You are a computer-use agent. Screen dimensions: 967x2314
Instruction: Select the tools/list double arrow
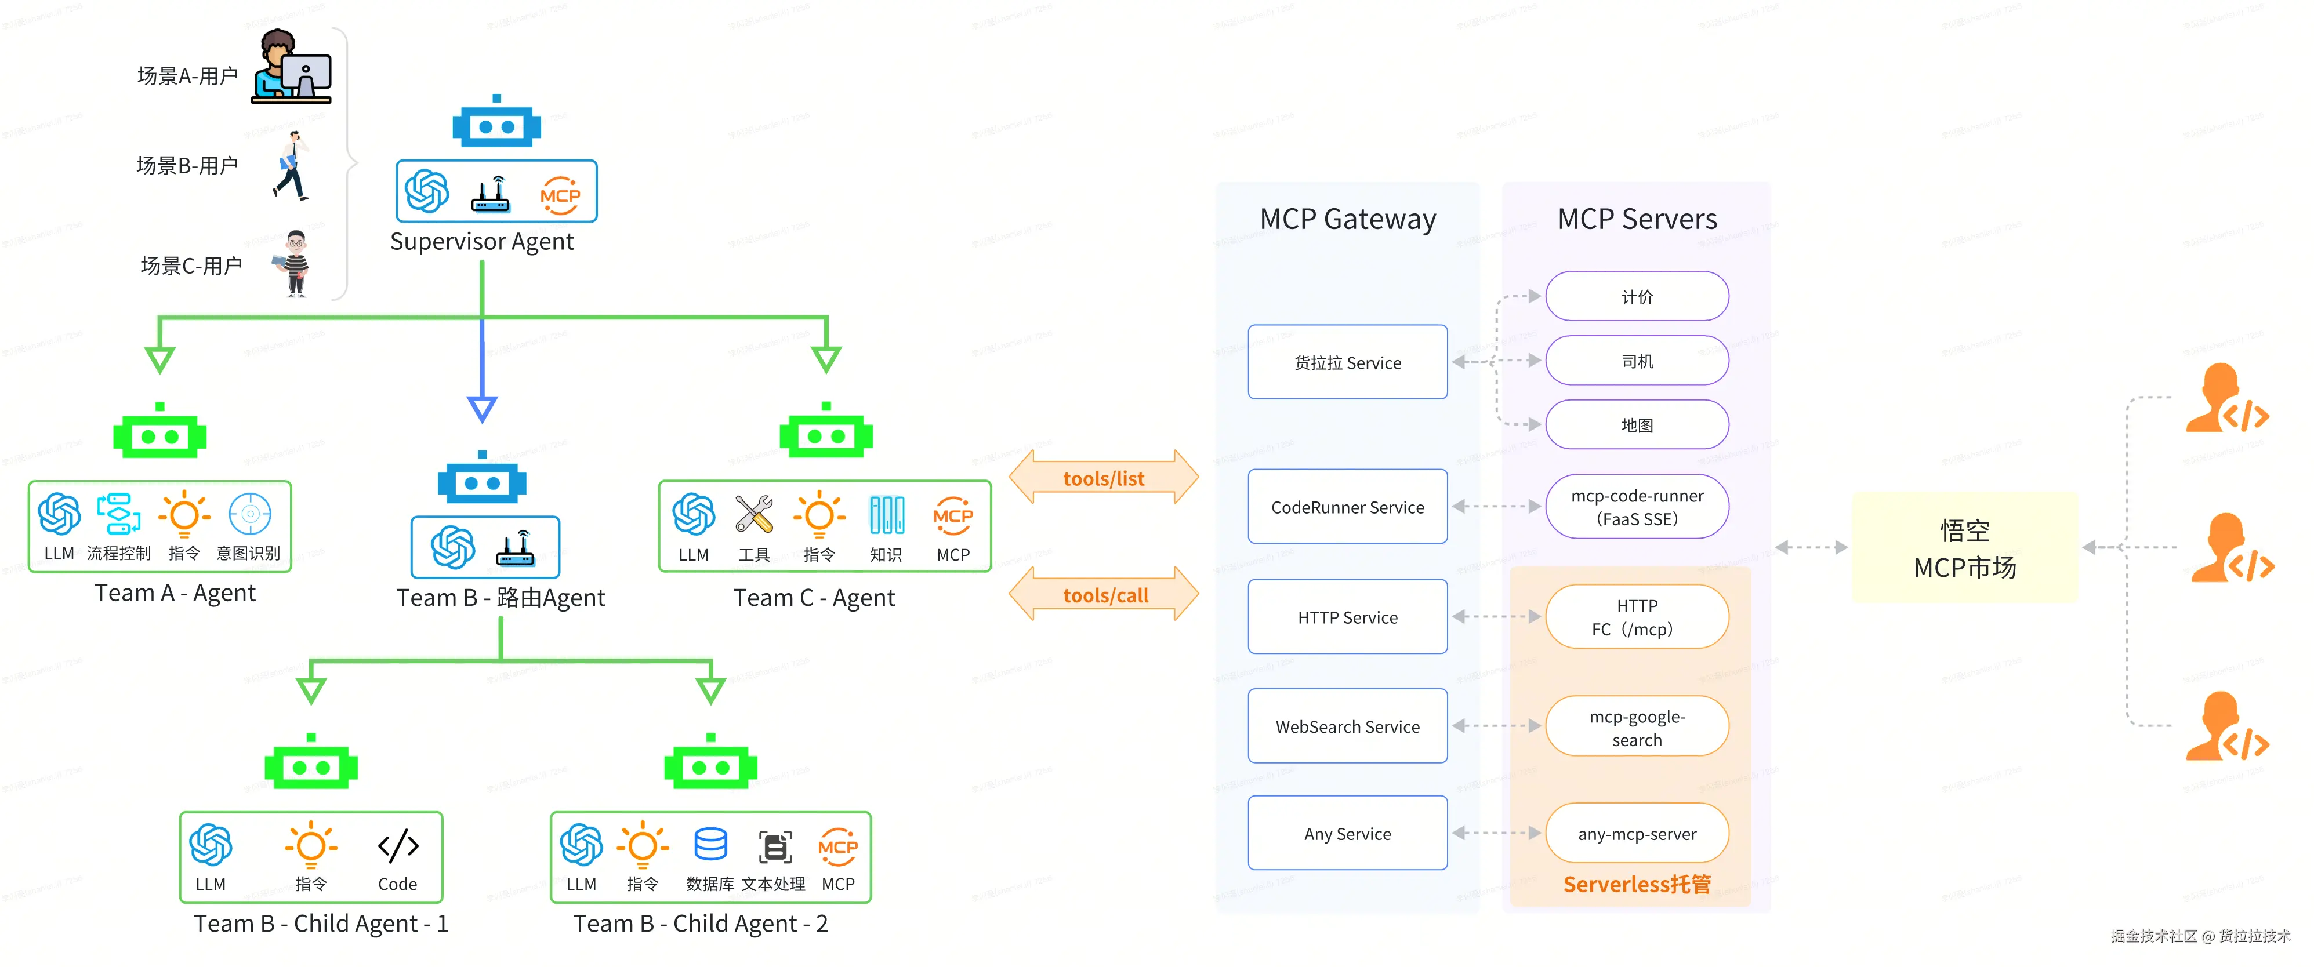coord(1103,478)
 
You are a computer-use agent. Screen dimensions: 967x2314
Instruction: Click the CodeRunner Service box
coord(1347,506)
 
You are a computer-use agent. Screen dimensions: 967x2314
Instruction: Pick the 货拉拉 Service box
coord(1347,362)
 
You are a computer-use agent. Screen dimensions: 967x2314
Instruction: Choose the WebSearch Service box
coord(1347,725)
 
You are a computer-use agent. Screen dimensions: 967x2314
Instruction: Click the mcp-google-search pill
coord(1636,726)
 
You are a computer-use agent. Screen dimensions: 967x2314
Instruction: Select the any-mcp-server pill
coord(1636,833)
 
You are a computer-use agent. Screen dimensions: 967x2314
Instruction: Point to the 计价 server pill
coord(1636,296)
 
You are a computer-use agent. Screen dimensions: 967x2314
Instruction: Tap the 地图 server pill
coord(1636,425)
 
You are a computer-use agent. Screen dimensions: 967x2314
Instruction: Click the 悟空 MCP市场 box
coord(1964,548)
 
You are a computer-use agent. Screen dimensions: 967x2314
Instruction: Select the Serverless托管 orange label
coord(1636,885)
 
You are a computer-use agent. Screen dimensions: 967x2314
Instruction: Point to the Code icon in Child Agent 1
coord(397,846)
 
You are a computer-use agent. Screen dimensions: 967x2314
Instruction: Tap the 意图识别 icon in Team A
coord(250,514)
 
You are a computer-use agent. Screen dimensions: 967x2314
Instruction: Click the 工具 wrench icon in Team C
coord(754,514)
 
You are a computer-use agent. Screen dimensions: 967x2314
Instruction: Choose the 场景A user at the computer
coord(291,67)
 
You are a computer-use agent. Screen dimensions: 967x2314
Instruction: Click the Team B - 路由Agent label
coord(500,598)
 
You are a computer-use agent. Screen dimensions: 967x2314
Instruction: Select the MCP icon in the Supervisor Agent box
coord(560,194)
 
